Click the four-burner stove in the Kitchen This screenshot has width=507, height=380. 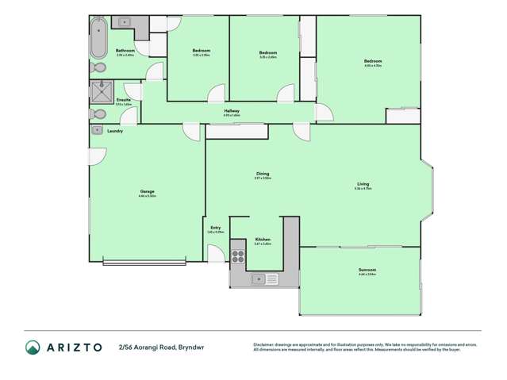237,255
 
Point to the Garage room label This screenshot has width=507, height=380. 147,191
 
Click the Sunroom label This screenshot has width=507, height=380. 367,270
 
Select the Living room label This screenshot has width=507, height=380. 364,186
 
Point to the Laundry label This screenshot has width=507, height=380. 115,130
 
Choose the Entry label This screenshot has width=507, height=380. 215,228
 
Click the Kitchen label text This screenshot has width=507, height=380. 263,240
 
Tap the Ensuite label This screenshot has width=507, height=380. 123,100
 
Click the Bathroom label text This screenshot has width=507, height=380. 125,50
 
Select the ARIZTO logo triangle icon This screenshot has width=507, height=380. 33,347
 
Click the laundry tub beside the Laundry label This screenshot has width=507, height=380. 96,129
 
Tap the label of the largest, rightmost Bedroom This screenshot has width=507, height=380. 373,61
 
